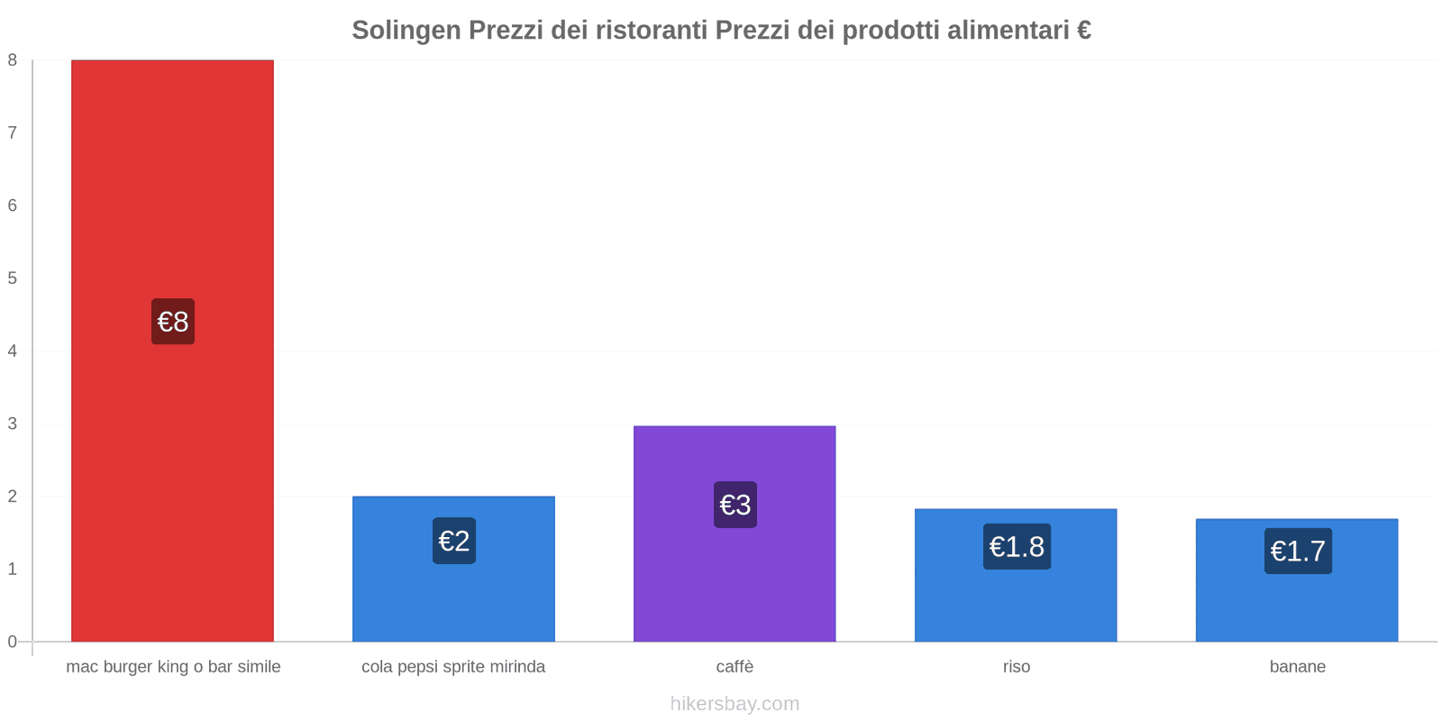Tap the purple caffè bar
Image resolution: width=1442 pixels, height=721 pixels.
click(735, 577)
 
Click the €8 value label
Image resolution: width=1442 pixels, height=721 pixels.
click(173, 322)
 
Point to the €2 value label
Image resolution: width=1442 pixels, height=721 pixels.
click(454, 541)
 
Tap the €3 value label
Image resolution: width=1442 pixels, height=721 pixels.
click(735, 505)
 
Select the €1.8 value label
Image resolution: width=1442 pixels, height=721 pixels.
click(1017, 546)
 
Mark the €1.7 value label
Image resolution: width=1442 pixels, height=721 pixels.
click(1298, 551)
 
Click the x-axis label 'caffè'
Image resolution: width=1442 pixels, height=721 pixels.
click(735, 667)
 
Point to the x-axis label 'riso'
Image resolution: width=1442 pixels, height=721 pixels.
click(1016, 667)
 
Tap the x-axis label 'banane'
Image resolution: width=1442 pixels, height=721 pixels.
click(1297, 667)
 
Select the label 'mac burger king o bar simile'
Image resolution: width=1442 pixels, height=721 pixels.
click(173, 667)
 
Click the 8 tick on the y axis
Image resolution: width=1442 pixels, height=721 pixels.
click(13, 60)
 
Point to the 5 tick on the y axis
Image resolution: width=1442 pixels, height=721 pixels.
click(13, 278)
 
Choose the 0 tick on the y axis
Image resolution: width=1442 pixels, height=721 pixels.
click(13, 642)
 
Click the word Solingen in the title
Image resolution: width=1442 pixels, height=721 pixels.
click(406, 30)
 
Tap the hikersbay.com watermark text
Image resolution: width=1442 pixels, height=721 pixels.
click(735, 704)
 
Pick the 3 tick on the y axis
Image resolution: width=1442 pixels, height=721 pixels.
click(13, 424)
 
